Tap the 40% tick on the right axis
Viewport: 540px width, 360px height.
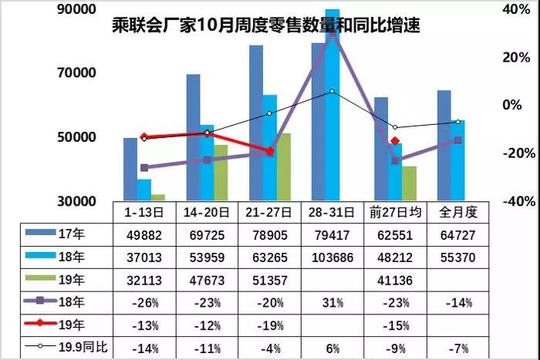point(511,9)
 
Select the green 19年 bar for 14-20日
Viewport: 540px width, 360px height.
point(221,173)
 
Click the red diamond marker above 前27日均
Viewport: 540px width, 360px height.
point(395,141)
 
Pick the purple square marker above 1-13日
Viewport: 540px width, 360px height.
point(144,167)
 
